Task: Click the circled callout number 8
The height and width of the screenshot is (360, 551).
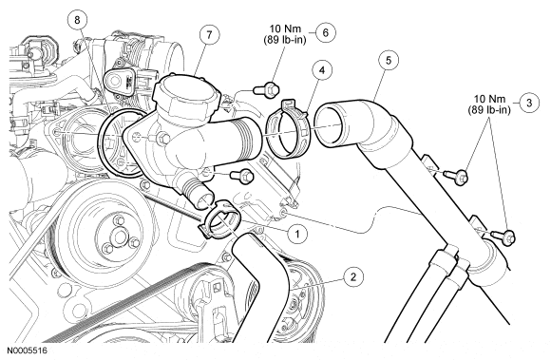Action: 77,20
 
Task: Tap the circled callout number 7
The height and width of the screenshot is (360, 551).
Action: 209,35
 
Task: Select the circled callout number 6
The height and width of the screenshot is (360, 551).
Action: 326,32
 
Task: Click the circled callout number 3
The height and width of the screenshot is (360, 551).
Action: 529,103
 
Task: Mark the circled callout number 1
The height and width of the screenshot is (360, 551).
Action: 297,234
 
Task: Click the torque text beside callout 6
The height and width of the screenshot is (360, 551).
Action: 285,34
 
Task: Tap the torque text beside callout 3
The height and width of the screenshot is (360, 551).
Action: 489,104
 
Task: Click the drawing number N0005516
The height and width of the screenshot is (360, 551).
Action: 27,351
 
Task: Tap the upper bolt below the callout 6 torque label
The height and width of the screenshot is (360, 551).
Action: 266,89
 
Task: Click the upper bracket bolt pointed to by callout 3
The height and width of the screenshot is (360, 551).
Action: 456,177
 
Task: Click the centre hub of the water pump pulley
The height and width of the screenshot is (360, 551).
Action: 120,237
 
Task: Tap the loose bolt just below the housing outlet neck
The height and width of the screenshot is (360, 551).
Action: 241,175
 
